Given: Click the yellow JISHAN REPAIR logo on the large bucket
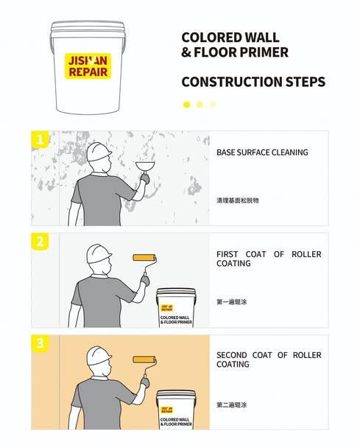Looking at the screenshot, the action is coord(88,66).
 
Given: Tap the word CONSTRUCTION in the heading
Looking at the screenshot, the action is coord(232,82).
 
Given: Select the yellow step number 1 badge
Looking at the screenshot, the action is coord(40,139).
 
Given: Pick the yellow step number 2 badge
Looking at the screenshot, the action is coord(40,242).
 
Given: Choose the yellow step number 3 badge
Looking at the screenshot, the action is coord(40,343).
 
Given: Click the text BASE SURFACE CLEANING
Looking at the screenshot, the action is coord(262,152).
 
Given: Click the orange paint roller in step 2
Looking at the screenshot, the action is coord(144,258).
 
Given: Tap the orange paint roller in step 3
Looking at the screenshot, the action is coord(144,359).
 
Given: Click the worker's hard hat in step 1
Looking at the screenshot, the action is coord(99,152).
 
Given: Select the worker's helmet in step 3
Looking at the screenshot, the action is coord(99,356).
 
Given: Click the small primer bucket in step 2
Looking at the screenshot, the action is coord(176,308).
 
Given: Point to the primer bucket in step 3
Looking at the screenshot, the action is coord(176,410).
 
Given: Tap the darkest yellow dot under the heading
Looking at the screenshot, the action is coord(186,105).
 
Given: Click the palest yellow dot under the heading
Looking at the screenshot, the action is coord(213,105).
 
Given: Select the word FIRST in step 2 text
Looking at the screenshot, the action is coord(227,254).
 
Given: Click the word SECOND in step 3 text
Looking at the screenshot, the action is coord(232,355).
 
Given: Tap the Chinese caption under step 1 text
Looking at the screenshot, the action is coord(238,200).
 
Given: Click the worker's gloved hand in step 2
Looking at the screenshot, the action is coord(145,280).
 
